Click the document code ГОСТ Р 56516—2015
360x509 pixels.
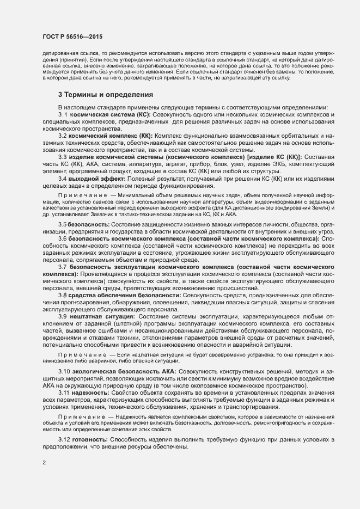73,36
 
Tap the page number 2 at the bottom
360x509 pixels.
44,463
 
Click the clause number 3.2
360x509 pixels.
63,136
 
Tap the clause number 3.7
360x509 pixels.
63,267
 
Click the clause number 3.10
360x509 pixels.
64,371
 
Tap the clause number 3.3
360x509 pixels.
63,156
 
